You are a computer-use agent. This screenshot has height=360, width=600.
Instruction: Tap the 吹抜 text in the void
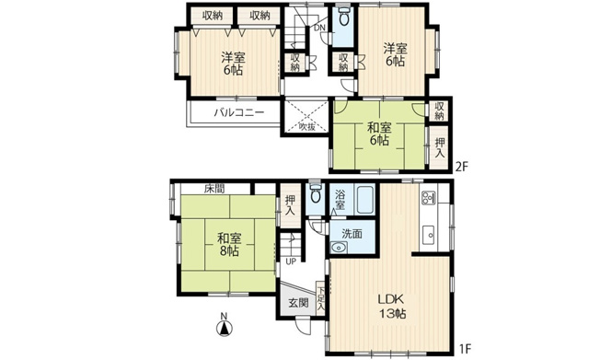pyautogui.click(x=306, y=126)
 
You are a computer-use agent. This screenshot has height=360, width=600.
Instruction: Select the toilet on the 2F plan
pyautogui.click(x=343, y=17)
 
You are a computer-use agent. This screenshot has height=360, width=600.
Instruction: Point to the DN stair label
pyautogui.click(x=318, y=27)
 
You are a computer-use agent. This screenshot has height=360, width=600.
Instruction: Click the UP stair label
pyautogui.click(x=292, y=261)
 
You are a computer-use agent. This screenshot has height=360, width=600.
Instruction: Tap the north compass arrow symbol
pyautogui.click(x=224, y=325)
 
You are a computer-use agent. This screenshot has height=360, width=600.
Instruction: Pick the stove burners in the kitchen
pyautogui.click(x=429, y=198)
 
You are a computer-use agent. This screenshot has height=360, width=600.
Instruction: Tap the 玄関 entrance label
pyautogui.click(x=297, y=302)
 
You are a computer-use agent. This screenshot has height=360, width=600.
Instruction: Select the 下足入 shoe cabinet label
pyautogui.click(x=320, y=296)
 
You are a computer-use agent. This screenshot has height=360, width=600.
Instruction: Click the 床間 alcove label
pyautogui.click(x=214, y=188)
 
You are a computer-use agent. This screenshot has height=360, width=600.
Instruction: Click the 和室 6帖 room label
pyautogui.click(x=379, y=135)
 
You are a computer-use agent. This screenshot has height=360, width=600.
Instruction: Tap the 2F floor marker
pyautogui.click(x=462, y=166)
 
